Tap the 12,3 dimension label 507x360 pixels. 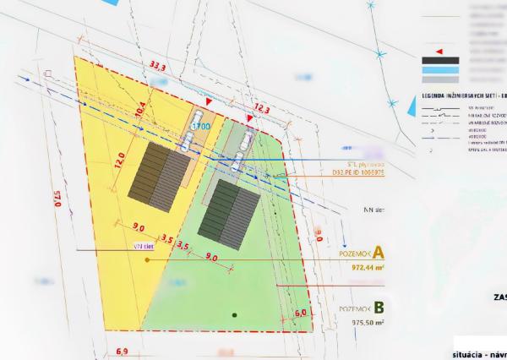click(x=261, y=110)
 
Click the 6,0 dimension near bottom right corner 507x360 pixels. click(x=300, y=313)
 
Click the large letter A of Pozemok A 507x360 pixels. click(x=379, y=252)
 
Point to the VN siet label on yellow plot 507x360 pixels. click(x=143, y=248)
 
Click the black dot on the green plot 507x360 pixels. click(x=236, y=314)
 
